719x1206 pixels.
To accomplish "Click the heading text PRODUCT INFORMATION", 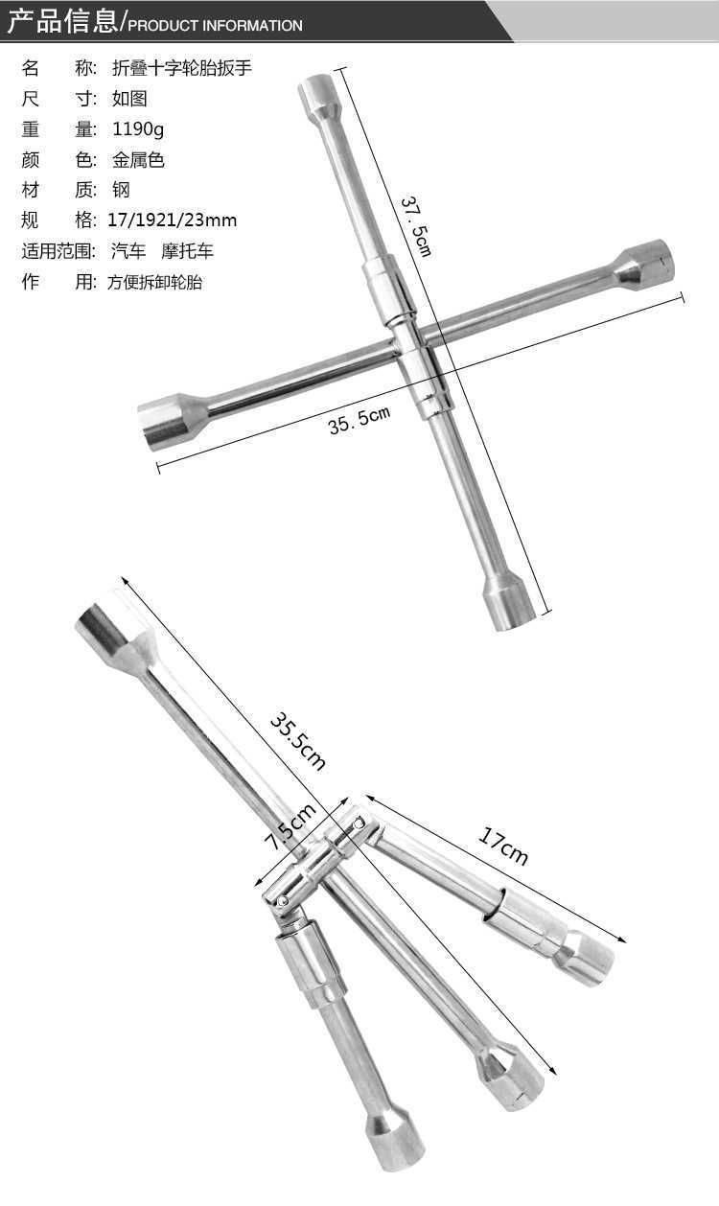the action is coord(215,26).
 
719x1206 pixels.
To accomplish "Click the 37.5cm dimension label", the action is coord(416,226).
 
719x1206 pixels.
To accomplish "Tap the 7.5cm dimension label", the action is coord(290,826).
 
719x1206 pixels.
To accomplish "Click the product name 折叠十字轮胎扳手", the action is coord(182,68).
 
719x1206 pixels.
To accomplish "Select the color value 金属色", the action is coord(138,159).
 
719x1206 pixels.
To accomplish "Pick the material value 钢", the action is coord(121,190).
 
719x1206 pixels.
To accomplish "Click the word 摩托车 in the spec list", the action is coord(188,251).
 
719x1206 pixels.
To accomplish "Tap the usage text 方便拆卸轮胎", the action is coord(155,282).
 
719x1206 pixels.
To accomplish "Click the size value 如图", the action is coord(129,98).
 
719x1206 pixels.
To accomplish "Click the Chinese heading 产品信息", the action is coord(61,20).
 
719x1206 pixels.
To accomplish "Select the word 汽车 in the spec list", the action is coord(128,251).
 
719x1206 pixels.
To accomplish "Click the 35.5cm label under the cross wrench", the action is coord(359,420).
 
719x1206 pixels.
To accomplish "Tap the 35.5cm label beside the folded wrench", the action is coord(297,741).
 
